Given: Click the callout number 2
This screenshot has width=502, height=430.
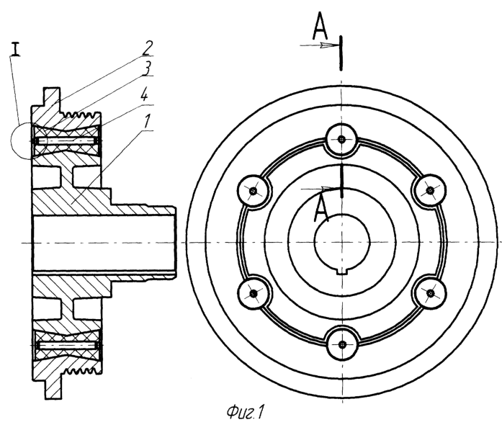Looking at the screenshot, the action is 146,48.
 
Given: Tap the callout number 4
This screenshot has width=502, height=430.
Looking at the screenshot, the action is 144,94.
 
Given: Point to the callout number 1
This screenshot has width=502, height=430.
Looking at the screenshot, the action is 147,122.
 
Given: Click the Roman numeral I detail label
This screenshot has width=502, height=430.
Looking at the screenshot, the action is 14,49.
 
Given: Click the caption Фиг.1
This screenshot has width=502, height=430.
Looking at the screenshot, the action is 245,412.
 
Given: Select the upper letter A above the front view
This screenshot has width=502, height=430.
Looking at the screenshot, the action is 320,26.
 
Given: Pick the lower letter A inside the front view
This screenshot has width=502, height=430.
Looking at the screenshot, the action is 321,209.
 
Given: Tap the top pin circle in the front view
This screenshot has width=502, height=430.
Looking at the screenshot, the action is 341,139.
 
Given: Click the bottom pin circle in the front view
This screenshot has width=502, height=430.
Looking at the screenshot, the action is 342,344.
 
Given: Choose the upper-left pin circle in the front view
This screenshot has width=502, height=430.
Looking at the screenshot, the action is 254,191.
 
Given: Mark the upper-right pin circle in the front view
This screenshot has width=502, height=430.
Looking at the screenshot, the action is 430,190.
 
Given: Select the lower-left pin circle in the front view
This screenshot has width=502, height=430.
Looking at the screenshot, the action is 254,293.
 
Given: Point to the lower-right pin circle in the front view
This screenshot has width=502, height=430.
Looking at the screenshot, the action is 430,292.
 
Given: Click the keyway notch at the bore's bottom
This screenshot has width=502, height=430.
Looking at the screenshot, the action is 342,272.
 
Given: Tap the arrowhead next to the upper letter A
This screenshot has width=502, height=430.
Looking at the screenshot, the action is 326,45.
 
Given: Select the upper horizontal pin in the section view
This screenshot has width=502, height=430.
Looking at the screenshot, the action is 67,140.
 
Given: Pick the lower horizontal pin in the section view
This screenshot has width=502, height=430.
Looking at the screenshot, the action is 67,345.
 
